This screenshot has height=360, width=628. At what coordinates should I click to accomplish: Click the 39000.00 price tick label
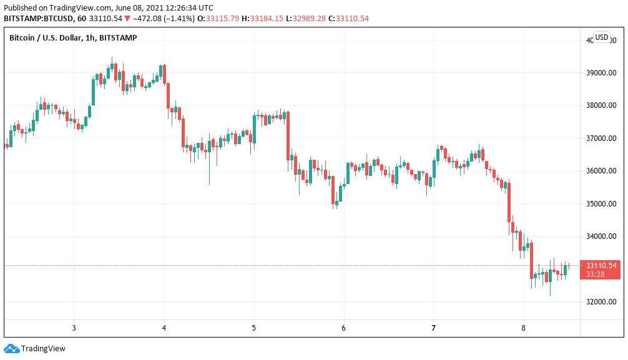(x=601, y=72)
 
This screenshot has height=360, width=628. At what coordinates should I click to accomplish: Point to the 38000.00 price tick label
(x=601, y=105)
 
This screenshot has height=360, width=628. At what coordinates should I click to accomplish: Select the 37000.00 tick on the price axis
(x=601, y=138)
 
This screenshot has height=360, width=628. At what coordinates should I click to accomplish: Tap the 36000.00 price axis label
(x=601, y=171)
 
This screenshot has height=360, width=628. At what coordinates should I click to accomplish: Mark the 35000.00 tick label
(x=601, y=204)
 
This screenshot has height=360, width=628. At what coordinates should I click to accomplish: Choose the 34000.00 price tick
(x=601, y=236)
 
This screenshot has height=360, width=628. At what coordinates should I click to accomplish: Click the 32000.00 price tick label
(x=601, y=303)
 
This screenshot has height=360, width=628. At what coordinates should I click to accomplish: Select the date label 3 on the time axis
(x=74, y=328)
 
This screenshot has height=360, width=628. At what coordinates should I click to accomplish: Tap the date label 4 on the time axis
(x=164, y=328)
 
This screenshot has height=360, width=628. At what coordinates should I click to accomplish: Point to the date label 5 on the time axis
(x=254, y=328)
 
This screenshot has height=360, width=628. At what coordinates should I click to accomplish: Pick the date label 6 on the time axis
(x=344, y=328)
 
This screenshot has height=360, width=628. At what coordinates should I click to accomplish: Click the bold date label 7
(x=434, y=328)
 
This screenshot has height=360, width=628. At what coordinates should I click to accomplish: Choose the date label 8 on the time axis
(x=524, y=328)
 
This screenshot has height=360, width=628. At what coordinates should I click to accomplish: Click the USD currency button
(x=601, y=37)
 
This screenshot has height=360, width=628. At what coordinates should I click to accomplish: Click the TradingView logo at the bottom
(x=35, y=349)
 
